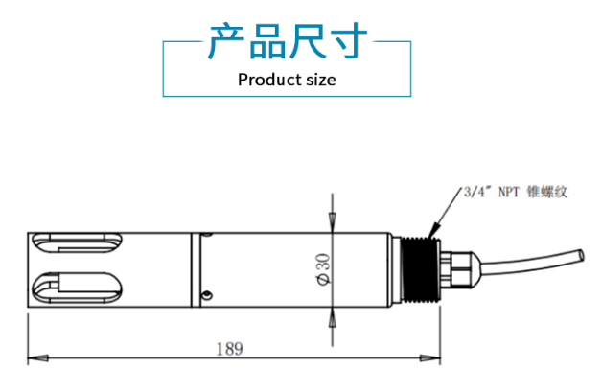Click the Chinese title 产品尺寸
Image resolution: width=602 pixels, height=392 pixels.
point(288,43)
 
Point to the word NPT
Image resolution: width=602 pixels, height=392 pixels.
point(510,192)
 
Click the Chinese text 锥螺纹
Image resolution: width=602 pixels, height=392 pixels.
point(550,192)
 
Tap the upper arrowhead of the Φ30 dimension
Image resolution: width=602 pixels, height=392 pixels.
point(331,222)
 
